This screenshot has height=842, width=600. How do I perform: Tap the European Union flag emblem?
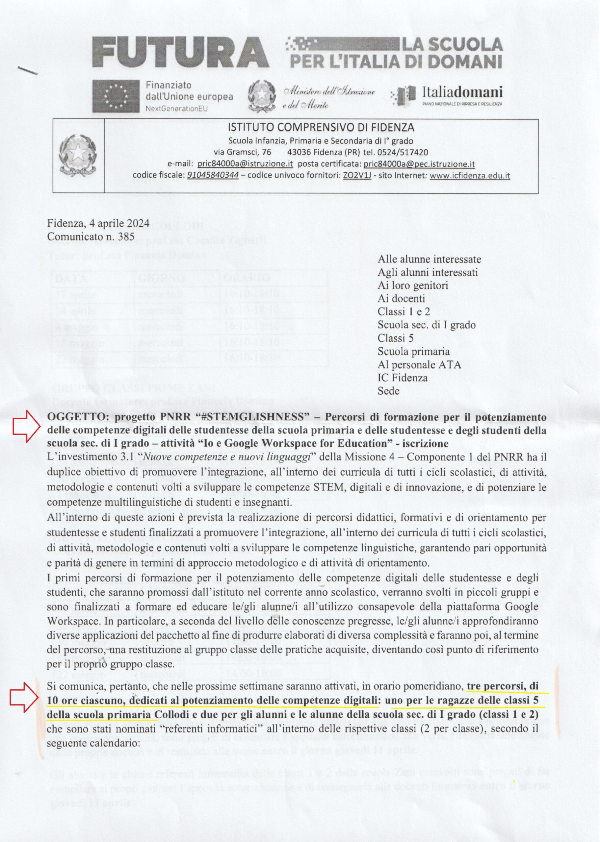click(x=116, y=96)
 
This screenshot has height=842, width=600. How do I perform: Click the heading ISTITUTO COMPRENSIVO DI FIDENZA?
click(x=321, y=128)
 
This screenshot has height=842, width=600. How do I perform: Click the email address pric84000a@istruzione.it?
click(x=245, y=163)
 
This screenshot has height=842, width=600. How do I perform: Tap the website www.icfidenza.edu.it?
click(x=470, y=175)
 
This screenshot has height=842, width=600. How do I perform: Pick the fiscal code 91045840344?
click(x=213, y=175)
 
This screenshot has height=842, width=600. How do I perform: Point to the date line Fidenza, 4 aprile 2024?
click(x=98, y=223)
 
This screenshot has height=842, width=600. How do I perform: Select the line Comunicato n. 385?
click(x=91, y=236)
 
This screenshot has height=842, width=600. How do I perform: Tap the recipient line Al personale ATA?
click(x=419, y=365)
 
